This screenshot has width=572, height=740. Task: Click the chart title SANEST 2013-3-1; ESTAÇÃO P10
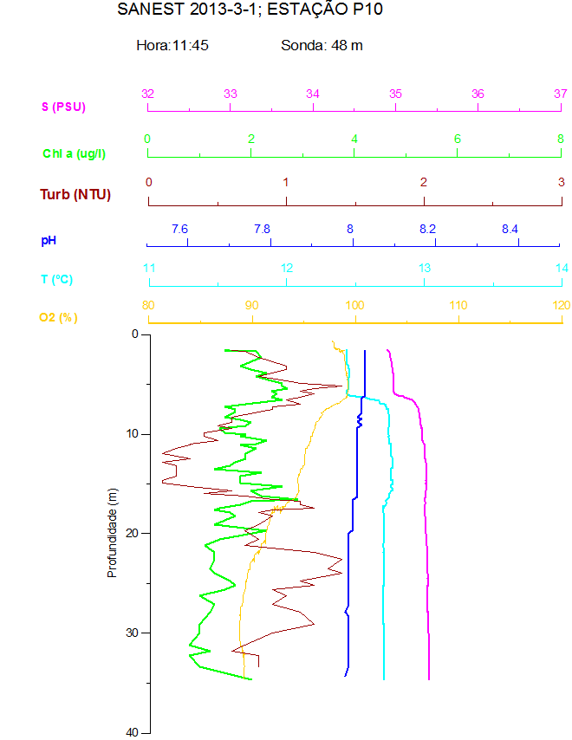pos(250,10)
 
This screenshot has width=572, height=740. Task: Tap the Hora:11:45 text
pos(172,45)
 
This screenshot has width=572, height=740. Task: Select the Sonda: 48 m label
pos(322,45)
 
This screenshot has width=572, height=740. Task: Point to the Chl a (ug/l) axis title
pos(75,153)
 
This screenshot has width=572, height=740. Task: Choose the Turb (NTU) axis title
pos(75,194)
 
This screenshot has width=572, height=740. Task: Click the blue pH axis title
pos(49,238)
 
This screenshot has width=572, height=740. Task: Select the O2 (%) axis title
pos(58,317)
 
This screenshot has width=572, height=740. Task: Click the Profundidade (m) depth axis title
pos(112,533)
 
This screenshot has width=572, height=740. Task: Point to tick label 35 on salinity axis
pos(395,94)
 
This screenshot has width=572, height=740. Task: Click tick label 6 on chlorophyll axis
pos(458,139)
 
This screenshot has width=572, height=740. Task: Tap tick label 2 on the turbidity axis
pos(424,182)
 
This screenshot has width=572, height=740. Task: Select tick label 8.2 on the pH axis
pos(427,229)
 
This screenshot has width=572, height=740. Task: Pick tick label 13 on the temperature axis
pos(425,268)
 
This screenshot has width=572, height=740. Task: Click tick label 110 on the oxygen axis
pos(458,305)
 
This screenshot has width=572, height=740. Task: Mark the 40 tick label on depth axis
pos(133,732)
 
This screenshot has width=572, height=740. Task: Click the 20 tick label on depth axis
pos(133,533)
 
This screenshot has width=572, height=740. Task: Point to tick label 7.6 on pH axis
pos(179,229)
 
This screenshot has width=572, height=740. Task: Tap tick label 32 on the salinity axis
pos(148,94)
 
